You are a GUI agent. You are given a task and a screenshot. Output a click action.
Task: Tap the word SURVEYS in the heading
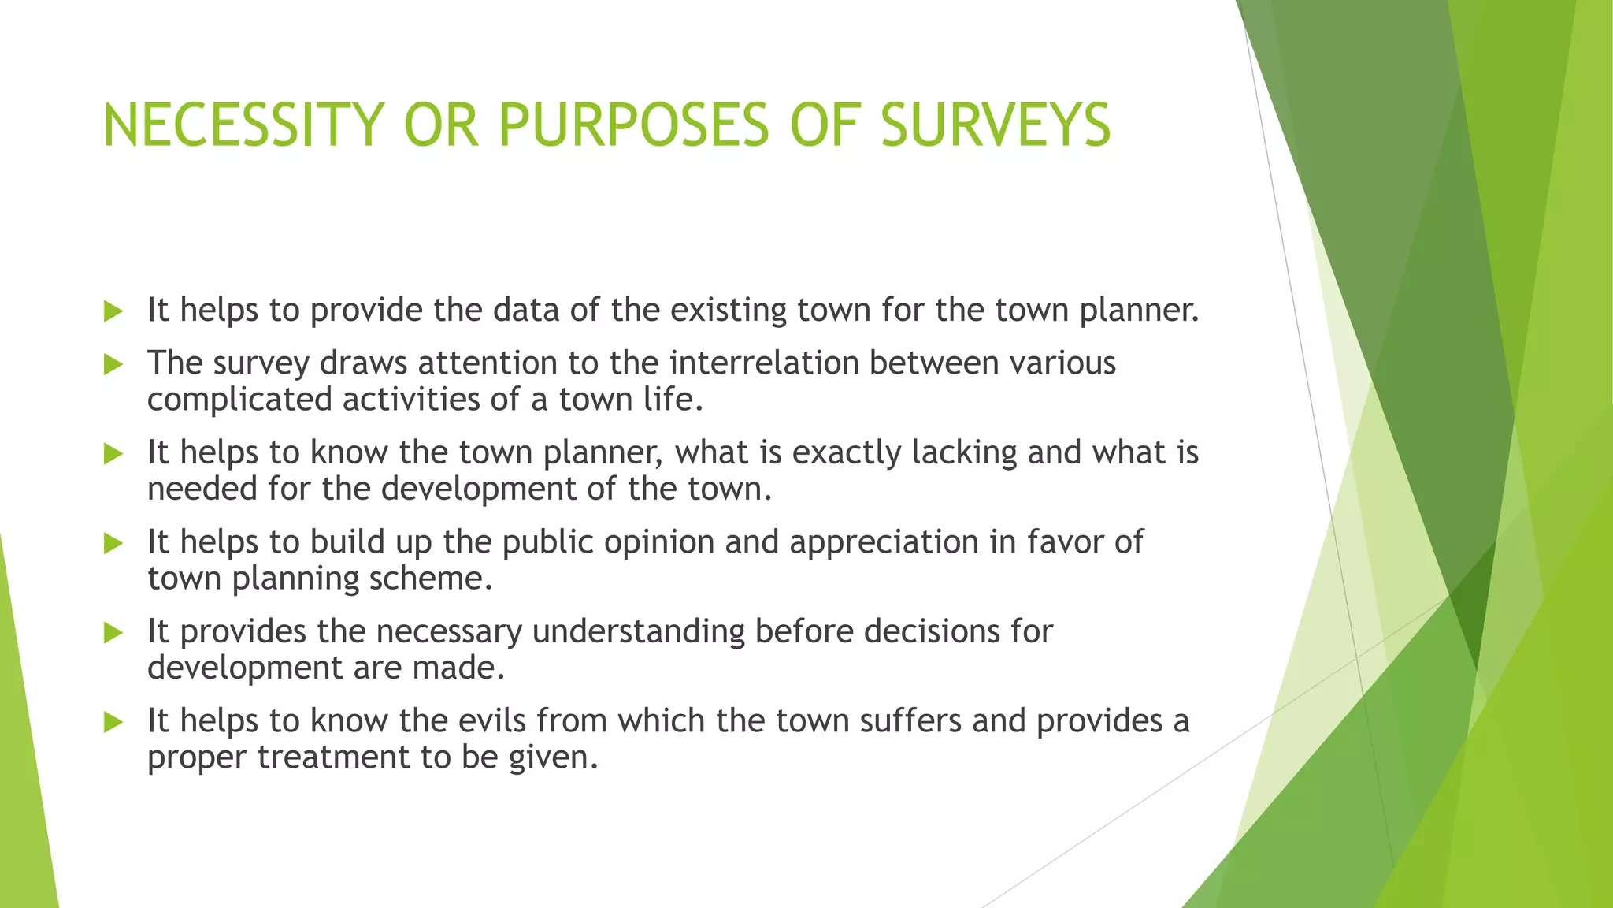995,125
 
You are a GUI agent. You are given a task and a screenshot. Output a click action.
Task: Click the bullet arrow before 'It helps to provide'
113,311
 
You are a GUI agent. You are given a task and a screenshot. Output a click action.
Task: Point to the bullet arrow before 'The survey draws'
113,364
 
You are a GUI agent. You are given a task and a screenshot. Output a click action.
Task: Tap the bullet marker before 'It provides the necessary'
113,633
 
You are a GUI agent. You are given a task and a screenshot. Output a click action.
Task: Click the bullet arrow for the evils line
113,722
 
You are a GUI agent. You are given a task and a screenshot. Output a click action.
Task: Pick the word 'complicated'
239,400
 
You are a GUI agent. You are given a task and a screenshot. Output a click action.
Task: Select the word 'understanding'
638,631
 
